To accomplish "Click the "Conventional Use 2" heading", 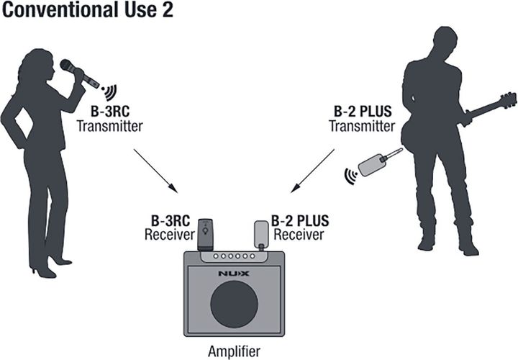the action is pyautogui.click(x=87, y=10).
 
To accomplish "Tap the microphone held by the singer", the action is pyautogui.click(x=80, y=73).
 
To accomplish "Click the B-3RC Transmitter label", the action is pyautogui.click(x=109, y=119).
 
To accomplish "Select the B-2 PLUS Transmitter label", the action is pyautogui.click(x=362, y=119).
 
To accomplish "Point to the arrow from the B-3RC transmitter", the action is pyautogui.click(x=155, y=171).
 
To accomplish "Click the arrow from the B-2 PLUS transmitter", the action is pyautogui.click(x=312, y=171).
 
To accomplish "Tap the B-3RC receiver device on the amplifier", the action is pyautogui.click(x=205, y=235).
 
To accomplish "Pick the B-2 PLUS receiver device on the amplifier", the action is pyautogui.click(x=261, y=235).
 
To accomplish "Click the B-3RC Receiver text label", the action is pyautogui.click(x=170, y=228).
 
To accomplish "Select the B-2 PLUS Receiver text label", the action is pyautogui.click(x=300, y=228).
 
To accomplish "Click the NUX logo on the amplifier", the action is pyautogui.click(x=234, y=274).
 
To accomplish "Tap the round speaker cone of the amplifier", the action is pyautogui.click(x=235, y=305).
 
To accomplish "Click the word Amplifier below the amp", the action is pyautogui.click(x=235, y=351).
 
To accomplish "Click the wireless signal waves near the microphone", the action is pyautogui.click(x=109, y=92).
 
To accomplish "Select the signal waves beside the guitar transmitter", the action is pyautogui.click(x=351, y=176).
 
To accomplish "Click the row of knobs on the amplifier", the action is pyautogui.click(x=234, y=256).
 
